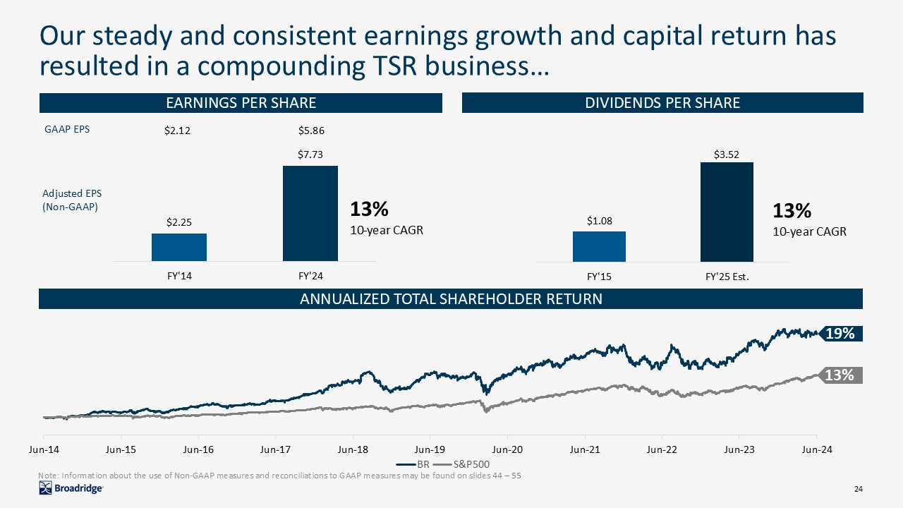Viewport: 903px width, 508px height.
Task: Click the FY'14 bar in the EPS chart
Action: point(179,247)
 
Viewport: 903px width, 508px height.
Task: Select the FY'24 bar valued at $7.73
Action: point(310,213)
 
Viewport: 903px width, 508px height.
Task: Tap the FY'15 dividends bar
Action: point(599,246)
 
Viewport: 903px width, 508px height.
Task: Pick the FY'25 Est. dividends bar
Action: point(727,212)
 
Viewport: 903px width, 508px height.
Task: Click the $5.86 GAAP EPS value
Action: point(310,131)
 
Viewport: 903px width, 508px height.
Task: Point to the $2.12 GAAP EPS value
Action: point(178,131)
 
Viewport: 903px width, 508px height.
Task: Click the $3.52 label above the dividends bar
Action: point(727,153)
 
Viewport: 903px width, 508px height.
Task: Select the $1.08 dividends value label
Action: point(599,222)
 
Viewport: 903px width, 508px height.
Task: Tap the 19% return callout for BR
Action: point(840,334)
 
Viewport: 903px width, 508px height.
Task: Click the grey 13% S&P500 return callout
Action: point(840,376)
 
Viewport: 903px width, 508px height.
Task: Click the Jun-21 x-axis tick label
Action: point(585,449)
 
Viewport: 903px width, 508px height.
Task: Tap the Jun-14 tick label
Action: point(44,449)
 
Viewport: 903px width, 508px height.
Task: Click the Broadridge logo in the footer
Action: point(71,489)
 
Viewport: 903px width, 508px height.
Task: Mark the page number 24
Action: point(859,490)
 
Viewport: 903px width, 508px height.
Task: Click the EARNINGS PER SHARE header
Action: point(241,103)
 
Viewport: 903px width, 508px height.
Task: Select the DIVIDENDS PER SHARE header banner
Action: point(662,103)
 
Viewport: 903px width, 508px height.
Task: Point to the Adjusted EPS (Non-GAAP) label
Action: point(70,200)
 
